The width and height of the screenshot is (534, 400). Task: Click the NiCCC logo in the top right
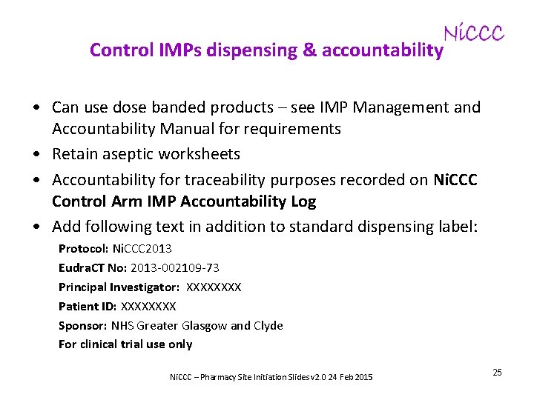tap(473, 33)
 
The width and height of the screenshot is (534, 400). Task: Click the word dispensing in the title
tap(248, 50)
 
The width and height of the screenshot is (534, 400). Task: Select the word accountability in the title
tap(383, 50)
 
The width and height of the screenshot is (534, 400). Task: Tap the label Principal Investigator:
tap(119, 287)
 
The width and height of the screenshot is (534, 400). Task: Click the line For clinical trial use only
tap(125, 344)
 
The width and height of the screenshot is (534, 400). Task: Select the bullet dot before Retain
tap(37, 155)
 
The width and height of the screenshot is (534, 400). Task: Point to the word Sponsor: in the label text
tap(83, 325)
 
